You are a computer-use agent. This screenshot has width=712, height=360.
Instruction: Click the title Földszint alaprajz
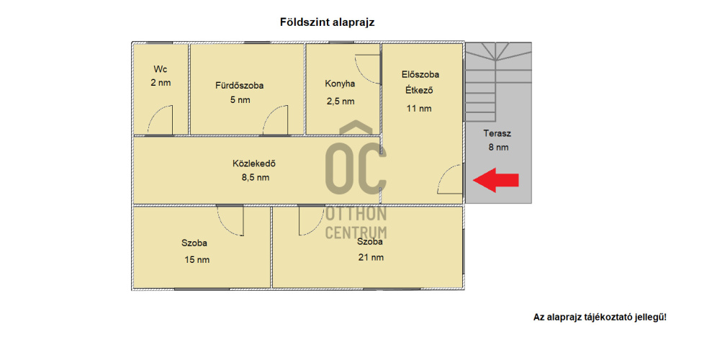327,22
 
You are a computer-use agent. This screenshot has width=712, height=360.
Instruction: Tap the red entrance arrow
495,180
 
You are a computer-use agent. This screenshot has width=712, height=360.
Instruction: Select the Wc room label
161,69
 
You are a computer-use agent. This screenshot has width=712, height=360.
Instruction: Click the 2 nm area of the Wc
161,83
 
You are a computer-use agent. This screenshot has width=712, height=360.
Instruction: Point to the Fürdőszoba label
239,86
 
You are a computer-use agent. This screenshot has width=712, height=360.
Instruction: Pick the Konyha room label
340,84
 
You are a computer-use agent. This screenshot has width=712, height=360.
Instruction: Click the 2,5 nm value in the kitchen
340,102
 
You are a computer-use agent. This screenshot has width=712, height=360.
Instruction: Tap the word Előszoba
420,74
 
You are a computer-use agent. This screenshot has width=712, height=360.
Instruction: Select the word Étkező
419,90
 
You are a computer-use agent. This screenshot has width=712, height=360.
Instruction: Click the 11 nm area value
419,108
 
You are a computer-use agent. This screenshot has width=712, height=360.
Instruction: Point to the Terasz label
497,133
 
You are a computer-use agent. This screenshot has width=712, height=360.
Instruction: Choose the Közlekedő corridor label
254,163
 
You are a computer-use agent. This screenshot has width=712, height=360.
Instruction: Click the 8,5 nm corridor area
255,178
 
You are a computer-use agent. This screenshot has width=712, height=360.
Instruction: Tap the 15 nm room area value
197,260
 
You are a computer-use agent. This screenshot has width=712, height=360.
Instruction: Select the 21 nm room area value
371,258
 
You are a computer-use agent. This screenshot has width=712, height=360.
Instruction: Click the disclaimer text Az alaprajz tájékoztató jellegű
600,318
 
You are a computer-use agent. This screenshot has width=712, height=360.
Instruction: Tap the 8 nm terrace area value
498,147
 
